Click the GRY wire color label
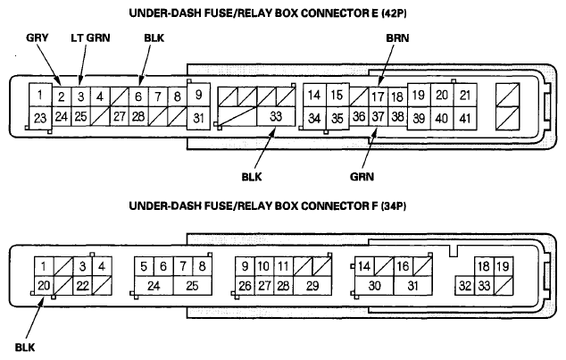coord(37,38)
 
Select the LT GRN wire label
coord(90,38)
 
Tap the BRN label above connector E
coord(397,38)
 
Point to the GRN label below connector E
coord(362,177)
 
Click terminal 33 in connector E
coord(276,116)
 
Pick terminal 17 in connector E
coord(378,96)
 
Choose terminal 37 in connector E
coord(378,116)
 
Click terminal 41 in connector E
coord(465,118)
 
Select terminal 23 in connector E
coord(40,118)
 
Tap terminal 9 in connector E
coord(198,95)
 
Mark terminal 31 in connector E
coord(198,118)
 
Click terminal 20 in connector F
coord(44,286)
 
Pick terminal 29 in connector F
coord(312,286)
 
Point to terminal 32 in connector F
coord(464,286)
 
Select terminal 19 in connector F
coord(503,266)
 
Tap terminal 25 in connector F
coord(193,286)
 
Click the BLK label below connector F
coord(25,347)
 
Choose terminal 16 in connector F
coord(403,266)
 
